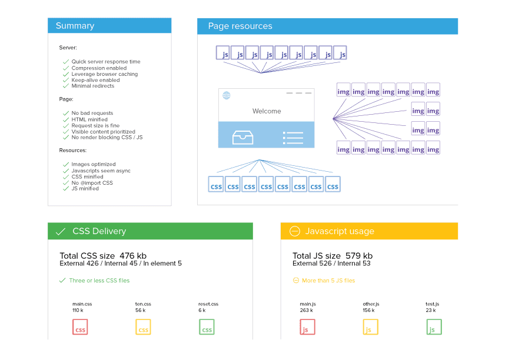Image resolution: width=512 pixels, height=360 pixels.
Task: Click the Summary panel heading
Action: tap(75, 26)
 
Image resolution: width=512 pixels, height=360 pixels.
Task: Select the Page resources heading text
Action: tap(240, 26)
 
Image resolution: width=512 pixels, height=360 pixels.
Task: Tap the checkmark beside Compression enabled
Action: tap(66, 68)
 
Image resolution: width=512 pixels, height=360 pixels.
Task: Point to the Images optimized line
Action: tap(94, 164)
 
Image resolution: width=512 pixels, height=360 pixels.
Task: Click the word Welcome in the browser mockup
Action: tap(267, 111)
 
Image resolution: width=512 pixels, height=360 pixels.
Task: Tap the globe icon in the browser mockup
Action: tap(227, 95)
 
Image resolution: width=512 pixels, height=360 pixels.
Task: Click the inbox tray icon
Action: tap(242, 138)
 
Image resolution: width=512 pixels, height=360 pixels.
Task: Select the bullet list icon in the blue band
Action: tap(293, 138)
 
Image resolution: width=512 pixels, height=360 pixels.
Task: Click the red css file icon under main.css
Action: tap(80, 327)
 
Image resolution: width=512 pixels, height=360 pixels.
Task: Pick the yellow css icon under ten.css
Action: tap(143, 327)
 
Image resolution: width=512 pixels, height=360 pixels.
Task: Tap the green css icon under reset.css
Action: tap(207, 327)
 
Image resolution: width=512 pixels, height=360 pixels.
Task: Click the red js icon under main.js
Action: tap(307, 327)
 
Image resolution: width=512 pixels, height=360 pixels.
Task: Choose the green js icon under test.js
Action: tap(434, 327)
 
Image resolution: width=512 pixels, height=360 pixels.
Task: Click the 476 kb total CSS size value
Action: tap(133, 255)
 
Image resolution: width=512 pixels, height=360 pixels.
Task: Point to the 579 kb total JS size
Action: tap(359, 255)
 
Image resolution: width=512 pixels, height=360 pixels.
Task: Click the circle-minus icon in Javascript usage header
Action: tap(294, 231)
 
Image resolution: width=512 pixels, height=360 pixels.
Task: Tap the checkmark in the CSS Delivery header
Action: tap(61, 232)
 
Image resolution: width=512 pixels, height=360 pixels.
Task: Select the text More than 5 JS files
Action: tap(328, 281)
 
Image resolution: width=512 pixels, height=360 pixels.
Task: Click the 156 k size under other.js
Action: tap(368, 310)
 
